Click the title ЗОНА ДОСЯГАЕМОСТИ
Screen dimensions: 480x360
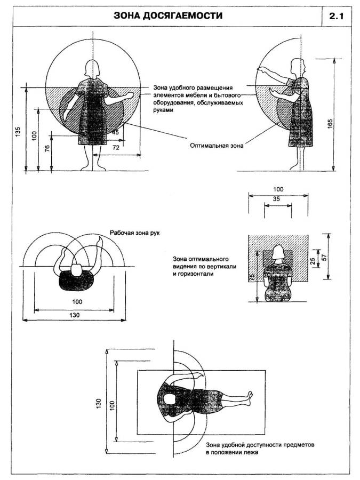click(x=168, y=17)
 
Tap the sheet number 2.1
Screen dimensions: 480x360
click(x=337, y=17)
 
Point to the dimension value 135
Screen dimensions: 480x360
click(x=18, y=131)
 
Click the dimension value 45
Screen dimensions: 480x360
click(x=115, y=132)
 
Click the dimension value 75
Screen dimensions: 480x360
click(x=251, y=276)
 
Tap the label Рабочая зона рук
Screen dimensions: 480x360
click(x=134, y=233)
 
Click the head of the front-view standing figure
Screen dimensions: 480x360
click(x=94, y=69)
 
